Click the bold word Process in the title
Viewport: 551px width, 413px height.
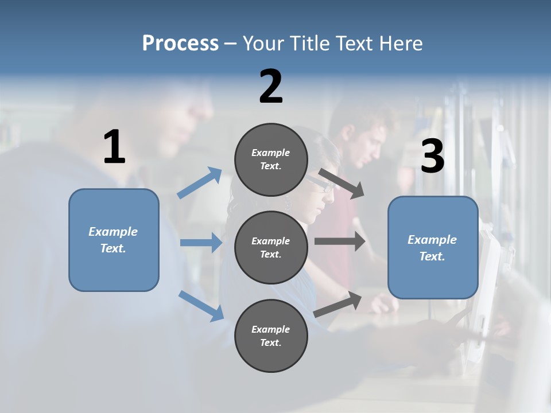(180, 44)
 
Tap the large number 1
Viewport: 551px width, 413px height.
(114, 147)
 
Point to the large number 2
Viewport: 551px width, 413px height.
(271, 87)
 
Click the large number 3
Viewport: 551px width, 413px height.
(432, 156)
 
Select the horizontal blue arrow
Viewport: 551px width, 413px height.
(201, 243)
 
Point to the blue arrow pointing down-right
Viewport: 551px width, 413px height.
(201, 305)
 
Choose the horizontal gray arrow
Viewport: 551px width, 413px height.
(340, 241)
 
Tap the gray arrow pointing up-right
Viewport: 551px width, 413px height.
(338, 304)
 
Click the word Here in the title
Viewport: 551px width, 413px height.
(401, 44)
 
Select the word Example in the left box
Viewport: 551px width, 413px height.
(113, 232)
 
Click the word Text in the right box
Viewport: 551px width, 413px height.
(432, 256)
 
